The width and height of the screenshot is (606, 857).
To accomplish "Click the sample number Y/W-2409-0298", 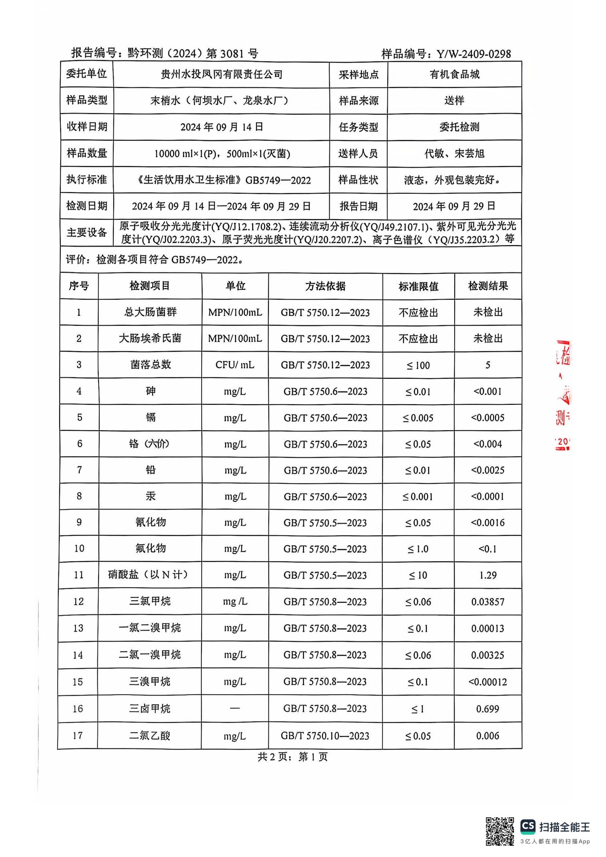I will click(474, 54).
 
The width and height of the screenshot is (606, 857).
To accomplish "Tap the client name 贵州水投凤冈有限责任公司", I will click(221, 75).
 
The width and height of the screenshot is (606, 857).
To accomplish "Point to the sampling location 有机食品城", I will click(454, 75).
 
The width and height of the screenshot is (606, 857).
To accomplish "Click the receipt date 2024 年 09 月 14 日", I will click(222, 127).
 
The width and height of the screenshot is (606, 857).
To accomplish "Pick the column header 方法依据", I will click(325, 286).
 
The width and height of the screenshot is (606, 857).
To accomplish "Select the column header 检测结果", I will click(488, 286).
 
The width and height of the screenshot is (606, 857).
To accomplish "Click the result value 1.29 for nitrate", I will click(488, 575).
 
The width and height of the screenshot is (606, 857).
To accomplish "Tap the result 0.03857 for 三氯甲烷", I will click(488, 602).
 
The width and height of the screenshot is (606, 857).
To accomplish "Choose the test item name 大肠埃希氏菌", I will click(150, 338).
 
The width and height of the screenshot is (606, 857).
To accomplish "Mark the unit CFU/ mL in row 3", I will click(235, 365).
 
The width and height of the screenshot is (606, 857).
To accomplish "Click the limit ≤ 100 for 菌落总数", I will click(418, 365).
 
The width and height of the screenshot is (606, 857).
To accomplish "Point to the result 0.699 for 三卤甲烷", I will click(488, 709).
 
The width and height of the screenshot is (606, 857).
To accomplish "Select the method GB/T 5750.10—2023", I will click(325, 736).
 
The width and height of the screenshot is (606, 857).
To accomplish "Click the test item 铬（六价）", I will click(150, 444).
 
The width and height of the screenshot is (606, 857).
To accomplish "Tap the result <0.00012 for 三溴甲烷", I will click(488, 682).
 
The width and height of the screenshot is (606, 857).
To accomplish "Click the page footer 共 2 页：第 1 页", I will click(292, 757).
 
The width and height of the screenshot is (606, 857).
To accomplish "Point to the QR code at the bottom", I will click(500, 831).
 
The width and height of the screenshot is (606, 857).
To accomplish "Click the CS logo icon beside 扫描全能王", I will click(528, 826).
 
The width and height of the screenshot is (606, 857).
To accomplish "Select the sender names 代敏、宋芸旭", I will click(454, 154).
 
